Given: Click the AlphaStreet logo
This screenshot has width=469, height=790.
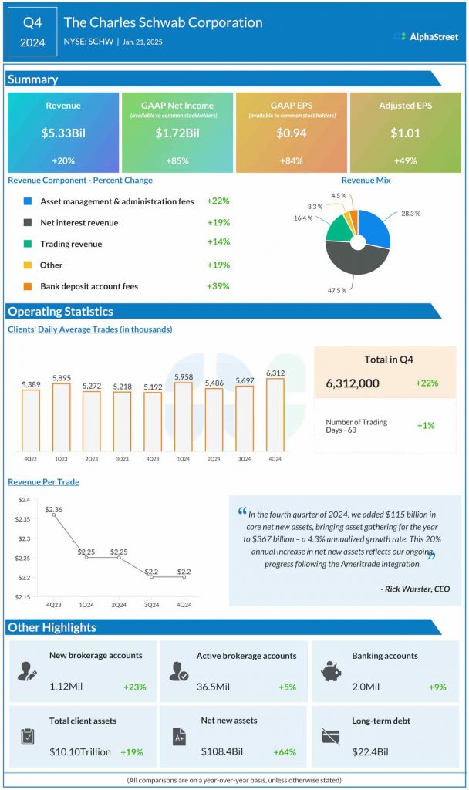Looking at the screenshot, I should tap(425, 36).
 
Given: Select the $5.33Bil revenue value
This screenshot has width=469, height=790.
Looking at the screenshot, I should tap(63, 133).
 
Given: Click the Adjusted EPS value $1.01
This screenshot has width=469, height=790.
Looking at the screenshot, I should tap(405, 133).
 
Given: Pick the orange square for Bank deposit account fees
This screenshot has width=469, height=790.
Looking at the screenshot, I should tap(27, 286).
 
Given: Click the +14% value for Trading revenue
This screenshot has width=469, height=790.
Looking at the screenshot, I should tap(218, 243).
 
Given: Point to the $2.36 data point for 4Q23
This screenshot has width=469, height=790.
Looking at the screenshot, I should tap(53, 515).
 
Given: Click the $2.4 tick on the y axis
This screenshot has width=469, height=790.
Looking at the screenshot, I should tap(25, 500).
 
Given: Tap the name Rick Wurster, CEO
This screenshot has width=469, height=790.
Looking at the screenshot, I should tap(415, 589).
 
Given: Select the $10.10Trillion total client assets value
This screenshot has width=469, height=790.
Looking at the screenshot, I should tap(80, 751).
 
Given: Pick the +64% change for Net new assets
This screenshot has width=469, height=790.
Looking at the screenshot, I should tap(285, 751).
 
